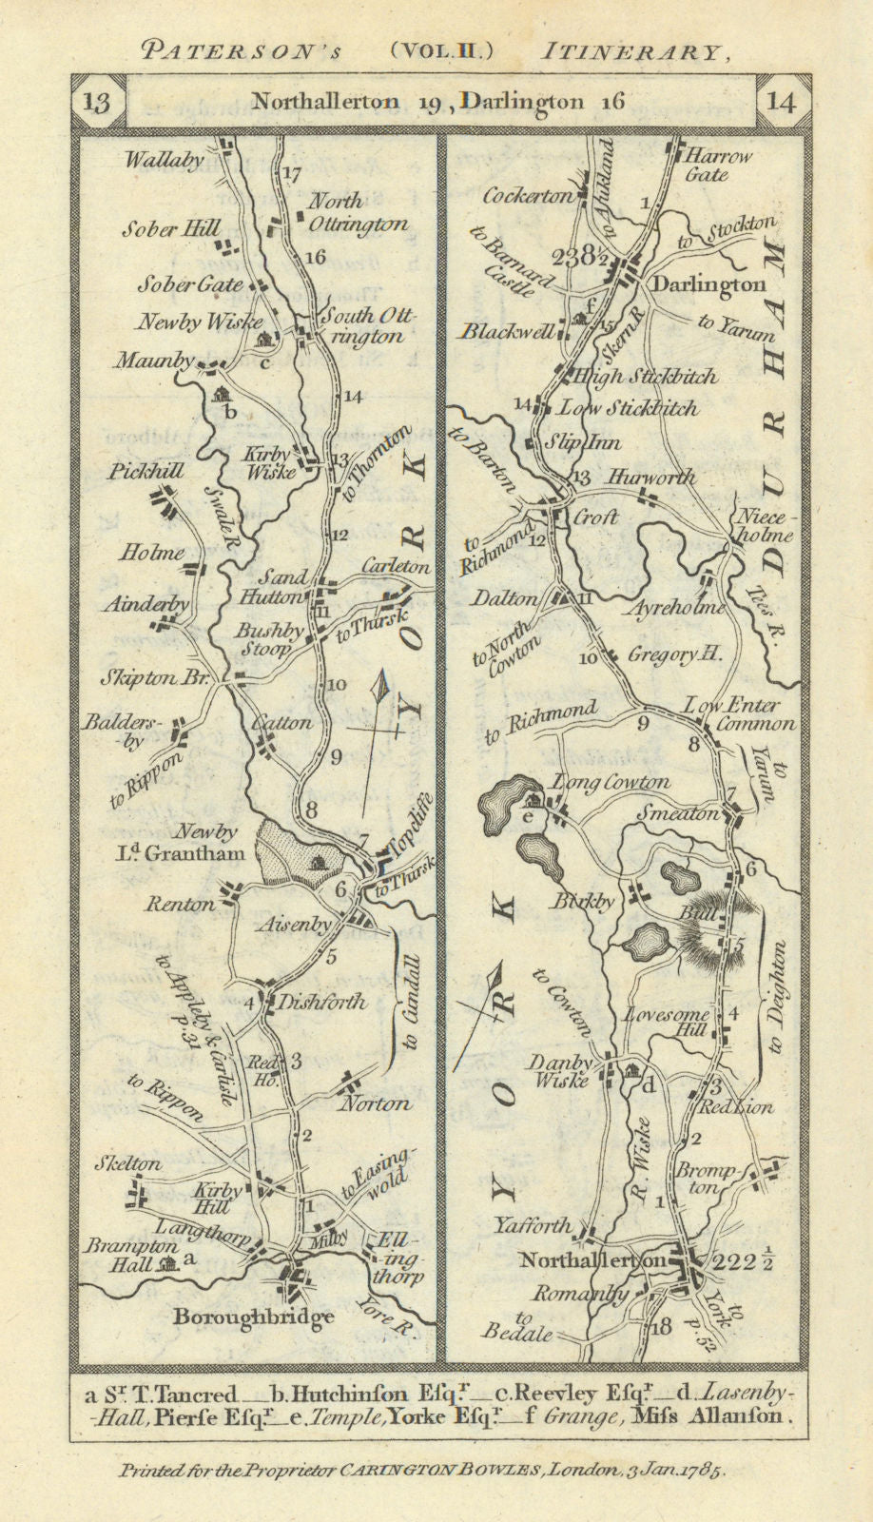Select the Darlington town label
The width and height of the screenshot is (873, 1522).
[707, 284]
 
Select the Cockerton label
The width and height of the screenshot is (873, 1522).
[527, 196]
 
